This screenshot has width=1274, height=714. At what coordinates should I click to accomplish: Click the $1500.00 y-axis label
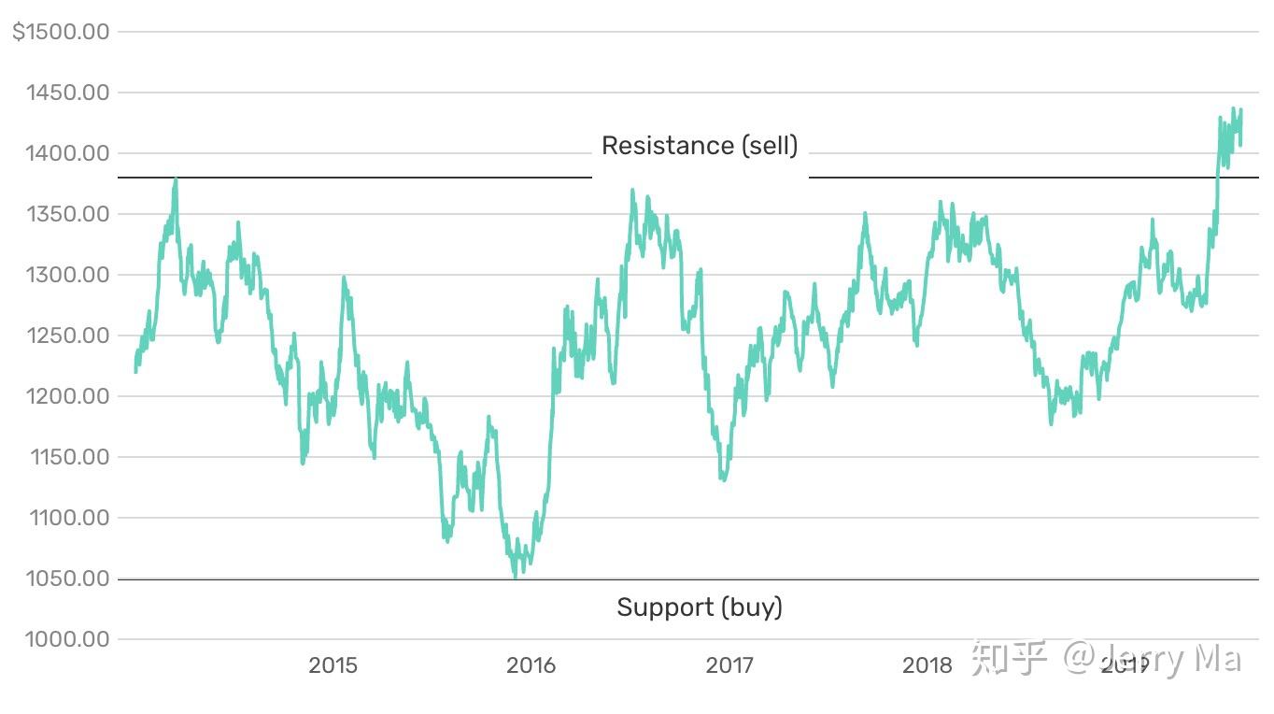click(x=61, y=32)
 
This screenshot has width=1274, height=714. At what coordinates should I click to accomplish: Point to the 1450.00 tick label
click(x=68, y=93)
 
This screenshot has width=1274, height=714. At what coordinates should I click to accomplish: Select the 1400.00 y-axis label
click(x=68, y=153)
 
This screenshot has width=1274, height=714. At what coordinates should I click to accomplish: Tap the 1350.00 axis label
click(x=68, y=214)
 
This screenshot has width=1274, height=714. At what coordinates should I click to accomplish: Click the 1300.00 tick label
click(x=68, y=275)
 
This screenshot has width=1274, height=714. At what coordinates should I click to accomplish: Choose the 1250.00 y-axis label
click(x=68, y=336)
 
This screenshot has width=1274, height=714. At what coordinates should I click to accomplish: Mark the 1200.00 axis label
click(x=68, y=396)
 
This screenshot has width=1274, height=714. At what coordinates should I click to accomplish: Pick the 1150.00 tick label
click(x=68, y=457)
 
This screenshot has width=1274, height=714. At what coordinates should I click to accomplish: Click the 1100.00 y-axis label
click(x=68, y=518)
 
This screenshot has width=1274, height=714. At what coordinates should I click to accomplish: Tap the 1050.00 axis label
click(x=68, y=578)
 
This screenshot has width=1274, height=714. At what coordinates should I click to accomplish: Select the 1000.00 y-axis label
click(x=68, y=639)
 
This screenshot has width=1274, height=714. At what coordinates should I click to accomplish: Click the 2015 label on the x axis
click(x=333, y=665)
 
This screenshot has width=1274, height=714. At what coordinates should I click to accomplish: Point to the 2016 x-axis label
click(x=531, y=665)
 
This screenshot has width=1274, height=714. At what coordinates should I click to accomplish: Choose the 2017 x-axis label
click(x=729, y=665)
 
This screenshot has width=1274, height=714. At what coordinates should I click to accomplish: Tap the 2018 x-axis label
click(x=927, y=665)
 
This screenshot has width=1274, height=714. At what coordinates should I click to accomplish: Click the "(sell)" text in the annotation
click(x=771, y=146)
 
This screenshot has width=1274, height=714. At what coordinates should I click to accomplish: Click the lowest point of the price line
click(x=516, y=577)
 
